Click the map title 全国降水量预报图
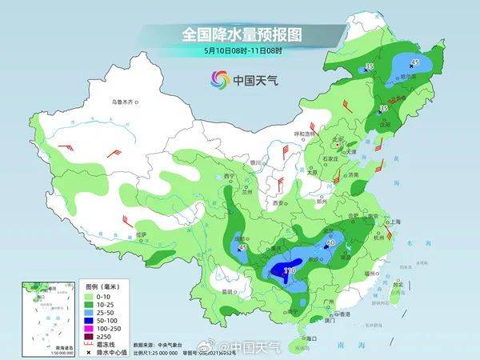click(240, 34)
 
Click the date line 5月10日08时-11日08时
click(240, 51)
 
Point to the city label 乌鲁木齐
click(125, 102)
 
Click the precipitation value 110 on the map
click(289, 271)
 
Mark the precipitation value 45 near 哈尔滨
click(414, 62)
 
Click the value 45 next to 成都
click(242, 249)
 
